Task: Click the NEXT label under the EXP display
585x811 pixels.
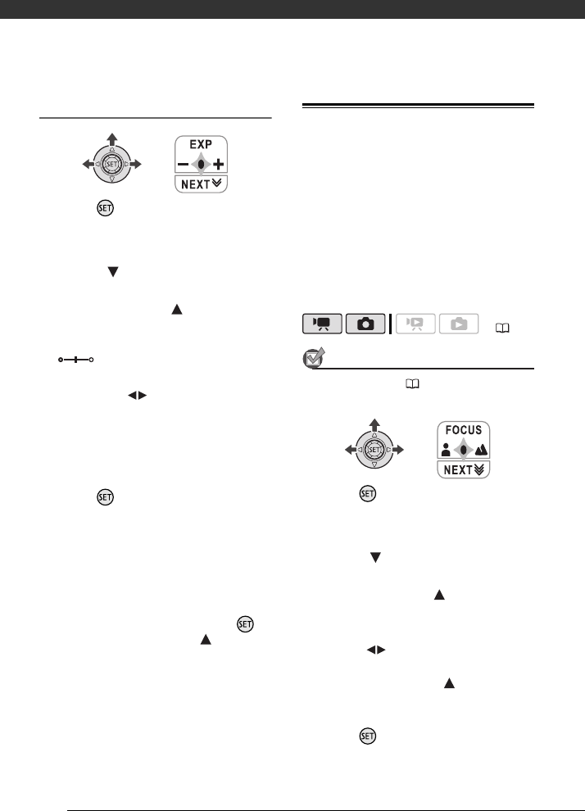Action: click(201, 183)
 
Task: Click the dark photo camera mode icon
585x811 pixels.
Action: click(365, 325)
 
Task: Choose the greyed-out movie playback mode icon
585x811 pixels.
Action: click(416, 325)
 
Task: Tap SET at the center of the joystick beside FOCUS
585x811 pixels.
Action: click(375, 450)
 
